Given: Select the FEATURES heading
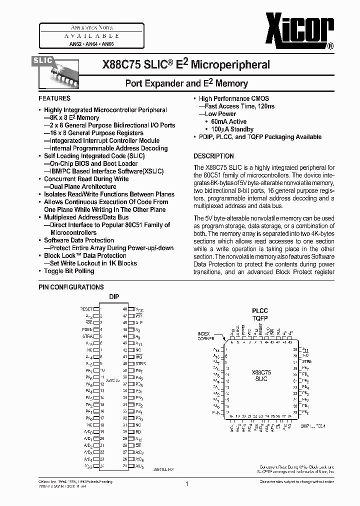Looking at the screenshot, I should click(x=54, y=98).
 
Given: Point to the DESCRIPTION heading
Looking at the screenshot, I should click(x=213, y=156).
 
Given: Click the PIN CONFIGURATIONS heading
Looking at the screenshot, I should click(x=71, y=287).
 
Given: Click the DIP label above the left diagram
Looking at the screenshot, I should click(x=114, y=297).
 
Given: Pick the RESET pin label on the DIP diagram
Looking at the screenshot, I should click(x=86, y=309).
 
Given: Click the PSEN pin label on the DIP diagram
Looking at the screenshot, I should click(x=87, y=329).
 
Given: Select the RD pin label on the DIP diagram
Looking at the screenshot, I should click(x=139, y=431).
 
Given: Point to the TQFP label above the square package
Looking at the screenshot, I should click(x=259, y=317).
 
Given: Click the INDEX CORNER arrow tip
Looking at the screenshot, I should click(x=224, y=341).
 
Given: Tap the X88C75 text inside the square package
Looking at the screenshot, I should click(x=261, y=372).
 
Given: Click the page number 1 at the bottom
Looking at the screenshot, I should click(x=186, y=484).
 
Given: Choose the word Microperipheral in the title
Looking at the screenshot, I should click(x=230, y=64).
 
